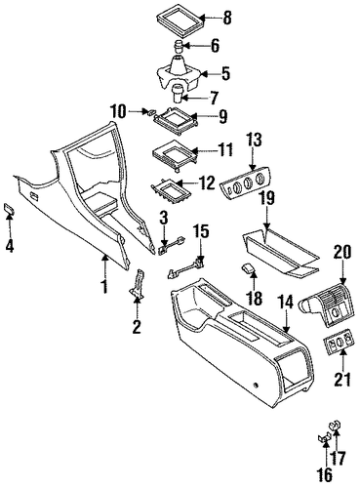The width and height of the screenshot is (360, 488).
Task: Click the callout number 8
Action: [226, 18]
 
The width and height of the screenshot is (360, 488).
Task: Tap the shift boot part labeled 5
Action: [179, 73]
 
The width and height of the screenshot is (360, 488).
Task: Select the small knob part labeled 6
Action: [179, 46]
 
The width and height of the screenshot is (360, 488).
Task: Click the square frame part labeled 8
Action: [180, 20]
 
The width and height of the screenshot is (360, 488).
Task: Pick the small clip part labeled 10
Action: [151, 112]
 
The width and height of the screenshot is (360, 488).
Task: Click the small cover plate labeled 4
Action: [9, 208]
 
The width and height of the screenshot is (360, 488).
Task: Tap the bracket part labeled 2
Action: [138, 284]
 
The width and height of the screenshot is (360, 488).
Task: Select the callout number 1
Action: [104, 287]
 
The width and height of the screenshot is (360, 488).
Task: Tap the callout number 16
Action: [325, 475]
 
